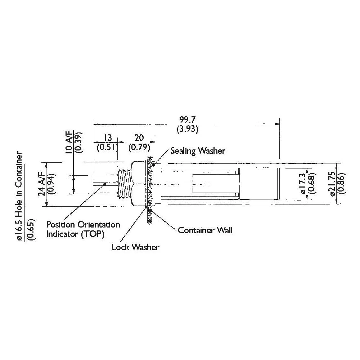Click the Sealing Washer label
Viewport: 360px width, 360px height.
click(198, 150)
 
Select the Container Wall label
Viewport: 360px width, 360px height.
click(205, 230)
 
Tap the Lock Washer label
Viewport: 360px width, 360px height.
click(135, 247)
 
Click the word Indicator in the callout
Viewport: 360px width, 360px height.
click(60, 234)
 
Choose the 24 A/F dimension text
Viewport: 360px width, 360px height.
click(42, 184)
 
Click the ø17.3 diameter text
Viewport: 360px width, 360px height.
click(302, 183)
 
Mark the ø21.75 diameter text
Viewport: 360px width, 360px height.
click(333, 183)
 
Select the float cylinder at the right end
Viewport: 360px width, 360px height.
click(260, 184)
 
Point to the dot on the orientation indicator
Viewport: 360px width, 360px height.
click(104, 184)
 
